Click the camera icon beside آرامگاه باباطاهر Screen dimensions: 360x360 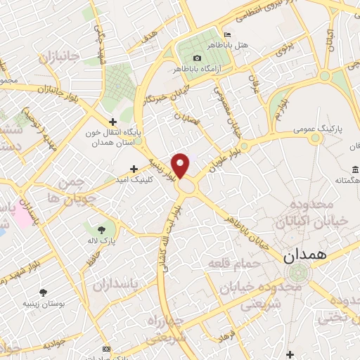[x=197, y=58]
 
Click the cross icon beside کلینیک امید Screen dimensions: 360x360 [x=134, y=169]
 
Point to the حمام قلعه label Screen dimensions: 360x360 [x=233, y=263]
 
